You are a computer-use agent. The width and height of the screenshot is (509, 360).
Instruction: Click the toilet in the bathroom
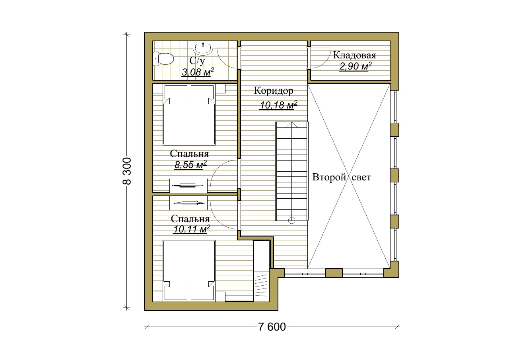click(163, 59)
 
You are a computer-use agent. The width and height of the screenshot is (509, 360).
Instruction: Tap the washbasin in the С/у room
click(203, 48)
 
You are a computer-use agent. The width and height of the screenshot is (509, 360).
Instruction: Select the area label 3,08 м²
click(198, 72)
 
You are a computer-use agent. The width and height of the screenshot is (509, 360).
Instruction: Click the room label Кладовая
click(354, 55)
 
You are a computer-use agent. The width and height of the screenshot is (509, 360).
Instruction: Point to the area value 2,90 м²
click(356, 66)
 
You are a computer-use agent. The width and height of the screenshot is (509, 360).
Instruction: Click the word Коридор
click(274, 91)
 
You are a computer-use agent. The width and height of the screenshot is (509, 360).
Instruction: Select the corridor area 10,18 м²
click(278, 105)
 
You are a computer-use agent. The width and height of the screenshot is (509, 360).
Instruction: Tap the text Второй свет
click(342, 177)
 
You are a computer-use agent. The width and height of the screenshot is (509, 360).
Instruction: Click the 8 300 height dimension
click(127, 171)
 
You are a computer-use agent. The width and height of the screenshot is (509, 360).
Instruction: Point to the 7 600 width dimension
click(272, 327)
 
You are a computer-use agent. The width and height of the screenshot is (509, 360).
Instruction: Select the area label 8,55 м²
click(190, 165)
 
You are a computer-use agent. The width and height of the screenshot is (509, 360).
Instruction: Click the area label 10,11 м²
click(192, 229)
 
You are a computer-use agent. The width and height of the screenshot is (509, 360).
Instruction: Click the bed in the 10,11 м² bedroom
click(189, 271)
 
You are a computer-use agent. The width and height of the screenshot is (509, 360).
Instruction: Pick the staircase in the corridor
click(292, 171)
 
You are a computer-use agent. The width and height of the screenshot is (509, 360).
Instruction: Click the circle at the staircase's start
click(291, 220)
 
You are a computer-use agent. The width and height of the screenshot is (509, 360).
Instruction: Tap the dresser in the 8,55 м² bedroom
click(188, 186)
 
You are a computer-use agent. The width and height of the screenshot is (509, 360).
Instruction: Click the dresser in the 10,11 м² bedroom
click(188, 203)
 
